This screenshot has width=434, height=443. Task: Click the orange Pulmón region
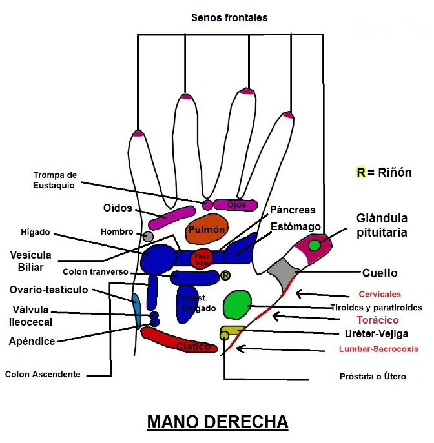(x=207, y=231)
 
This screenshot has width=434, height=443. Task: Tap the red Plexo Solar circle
(x=203, y=257)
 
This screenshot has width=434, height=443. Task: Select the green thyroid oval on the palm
(x=237, y=305)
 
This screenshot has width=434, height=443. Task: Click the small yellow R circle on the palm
(x=225, y=275)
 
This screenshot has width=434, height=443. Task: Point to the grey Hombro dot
(x=148, y=237)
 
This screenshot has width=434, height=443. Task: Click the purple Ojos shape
(x=236, y=205)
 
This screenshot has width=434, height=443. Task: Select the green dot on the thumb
(x=315, y=245)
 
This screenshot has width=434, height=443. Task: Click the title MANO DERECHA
(x=218, y=422)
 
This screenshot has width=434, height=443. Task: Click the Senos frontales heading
(x=229, y=17)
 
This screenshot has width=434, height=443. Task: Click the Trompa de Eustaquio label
(x=55, y=180)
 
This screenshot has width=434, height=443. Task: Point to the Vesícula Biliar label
(x=31, y=260)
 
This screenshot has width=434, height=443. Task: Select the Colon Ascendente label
(x=43, y=374)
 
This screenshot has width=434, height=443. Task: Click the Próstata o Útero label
(x=373, y=376)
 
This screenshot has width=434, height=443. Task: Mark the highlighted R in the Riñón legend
(x=361, y=172)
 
